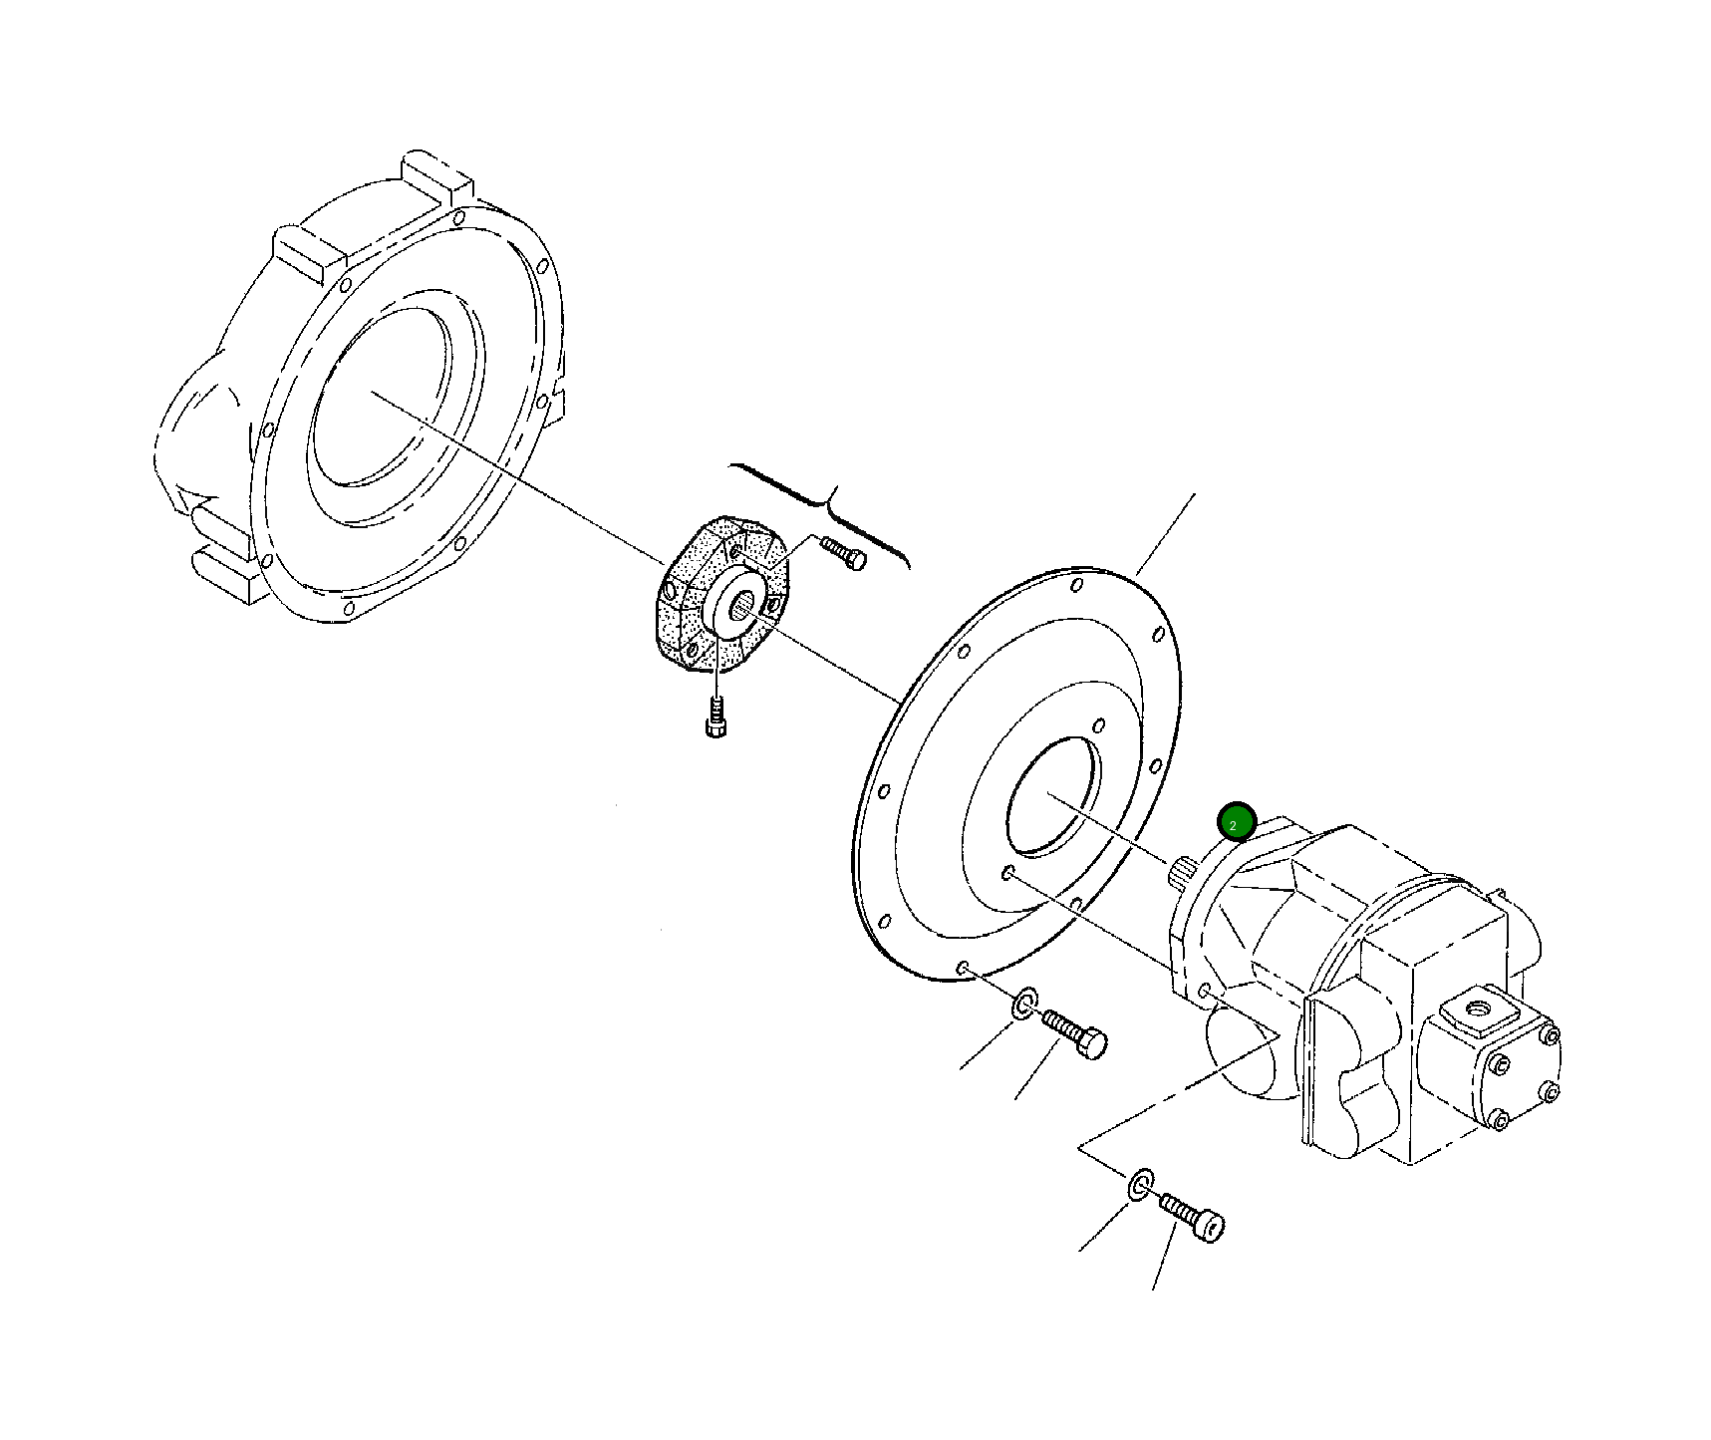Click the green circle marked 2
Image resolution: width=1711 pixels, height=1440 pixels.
tap(1236, 823)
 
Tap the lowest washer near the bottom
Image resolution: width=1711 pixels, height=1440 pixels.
tap(1141, 1185)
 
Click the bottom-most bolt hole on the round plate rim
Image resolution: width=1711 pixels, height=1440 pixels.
tap(962, 968)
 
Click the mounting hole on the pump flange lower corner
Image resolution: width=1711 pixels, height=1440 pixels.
tap(1205, 993)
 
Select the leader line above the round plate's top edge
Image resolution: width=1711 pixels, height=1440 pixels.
tap(1166, 533)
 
